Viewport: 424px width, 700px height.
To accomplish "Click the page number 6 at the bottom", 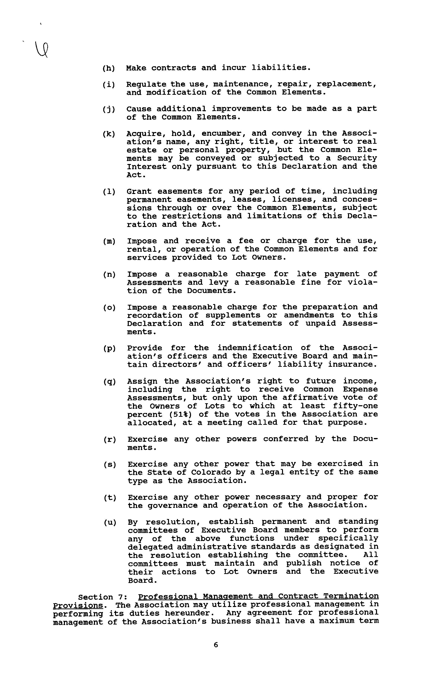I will pyautogui.click(x=216, y=645).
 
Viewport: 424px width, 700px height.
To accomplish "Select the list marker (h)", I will pyautogui.click(x=108, y=68).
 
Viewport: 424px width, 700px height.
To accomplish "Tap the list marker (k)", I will pyautogui.click(x=109, y=134).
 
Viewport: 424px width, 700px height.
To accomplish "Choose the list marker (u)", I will pyautogui.click(x=110, y=522).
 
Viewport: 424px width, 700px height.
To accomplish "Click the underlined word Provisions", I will pyautogui.click(x=78, y=605).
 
